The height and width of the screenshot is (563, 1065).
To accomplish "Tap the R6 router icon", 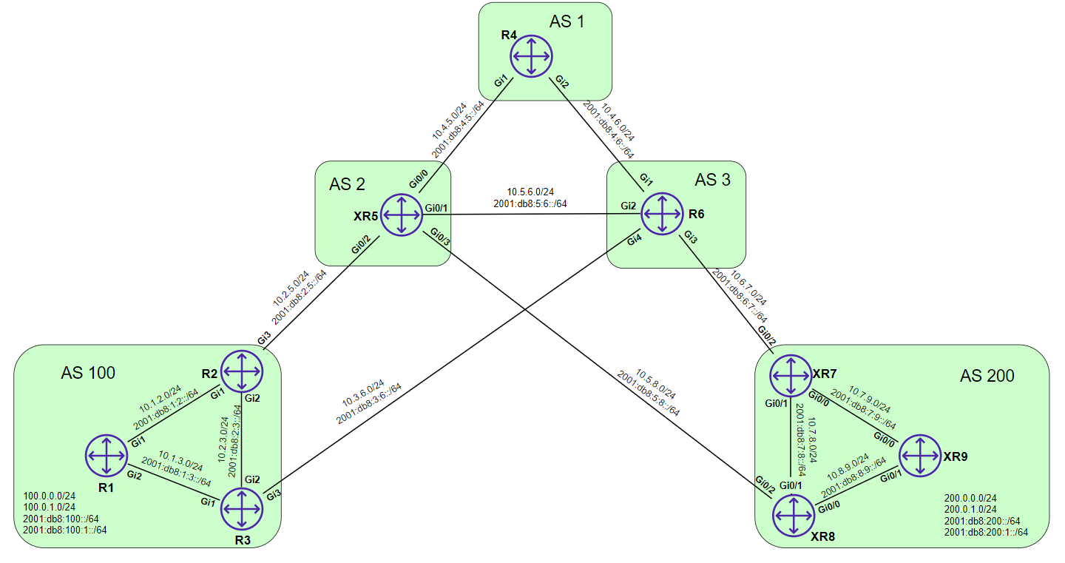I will pyautogui.click(x=661, y=214).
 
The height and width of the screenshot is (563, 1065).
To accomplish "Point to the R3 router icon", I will pyautogui.click(x=241, y=509).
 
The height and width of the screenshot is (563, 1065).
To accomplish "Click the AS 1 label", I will pyautogui.click(x=567, y=21).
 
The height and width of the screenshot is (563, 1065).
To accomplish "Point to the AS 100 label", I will pyautogui.click(x=88, y=372).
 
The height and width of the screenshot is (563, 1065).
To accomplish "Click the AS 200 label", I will pyautogui.click(x=987, y=376).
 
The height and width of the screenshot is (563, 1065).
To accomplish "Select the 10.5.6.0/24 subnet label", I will pyautogui.click(x=531, y=190).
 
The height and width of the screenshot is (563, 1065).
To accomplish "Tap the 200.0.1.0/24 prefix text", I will pyautogui.click(x=971, y=510).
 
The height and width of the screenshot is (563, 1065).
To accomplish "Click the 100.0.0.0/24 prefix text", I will pyautogui.click(x=50, y=496).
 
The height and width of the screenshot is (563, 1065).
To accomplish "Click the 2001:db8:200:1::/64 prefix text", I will pyautogui.click(x=986, y=532).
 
